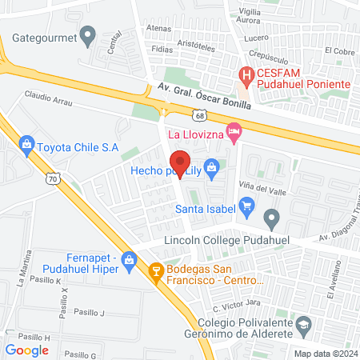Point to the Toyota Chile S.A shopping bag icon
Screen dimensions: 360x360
pos(28,145)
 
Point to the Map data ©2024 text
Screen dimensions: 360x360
pos(324,354)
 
